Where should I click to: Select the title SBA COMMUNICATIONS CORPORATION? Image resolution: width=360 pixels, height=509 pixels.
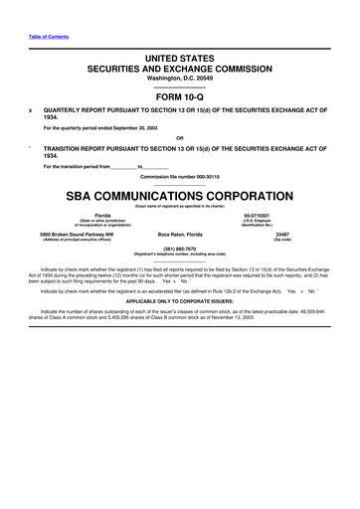180,195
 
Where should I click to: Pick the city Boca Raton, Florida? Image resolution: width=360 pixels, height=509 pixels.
180,235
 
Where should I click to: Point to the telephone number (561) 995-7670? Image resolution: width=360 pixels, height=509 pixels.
180,250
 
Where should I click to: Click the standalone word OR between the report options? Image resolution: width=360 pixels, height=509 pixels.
180,137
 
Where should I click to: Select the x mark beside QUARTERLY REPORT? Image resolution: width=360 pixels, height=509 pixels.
33,110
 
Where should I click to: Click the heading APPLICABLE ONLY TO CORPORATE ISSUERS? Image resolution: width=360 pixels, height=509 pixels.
180,298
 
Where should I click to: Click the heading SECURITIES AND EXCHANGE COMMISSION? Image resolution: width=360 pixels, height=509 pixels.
180,71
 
